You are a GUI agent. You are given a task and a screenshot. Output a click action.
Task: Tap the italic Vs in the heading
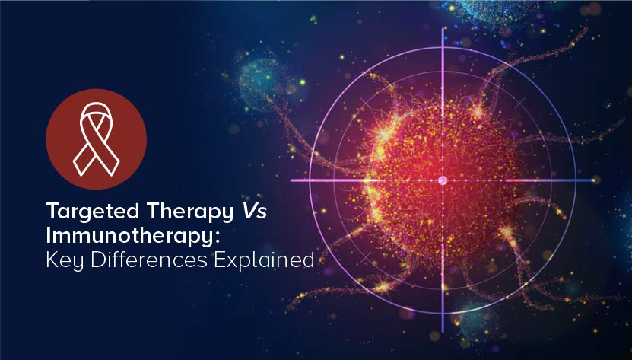(x=254, y=211)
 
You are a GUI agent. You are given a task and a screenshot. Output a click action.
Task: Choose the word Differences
(x=148, y=260)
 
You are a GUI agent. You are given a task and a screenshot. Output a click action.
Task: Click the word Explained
(x=264, y=261)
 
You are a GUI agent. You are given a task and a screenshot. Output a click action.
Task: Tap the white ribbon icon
(x=96, y=139)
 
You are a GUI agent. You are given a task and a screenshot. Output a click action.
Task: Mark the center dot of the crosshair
(x=443, y=180)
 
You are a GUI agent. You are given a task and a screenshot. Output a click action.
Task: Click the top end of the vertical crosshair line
(x=443, y=28)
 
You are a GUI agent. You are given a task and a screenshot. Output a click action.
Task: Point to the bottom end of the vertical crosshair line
(x=443, y=332)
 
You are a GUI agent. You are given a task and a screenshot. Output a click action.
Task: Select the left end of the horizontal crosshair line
(x=291, y=180)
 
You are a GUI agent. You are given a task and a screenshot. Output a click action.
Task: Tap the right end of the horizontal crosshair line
(x=594, y=180)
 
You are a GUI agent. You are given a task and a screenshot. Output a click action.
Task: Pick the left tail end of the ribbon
(x=79, y=169)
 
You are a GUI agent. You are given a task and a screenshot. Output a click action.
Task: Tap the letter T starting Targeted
(x=53, y=211)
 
